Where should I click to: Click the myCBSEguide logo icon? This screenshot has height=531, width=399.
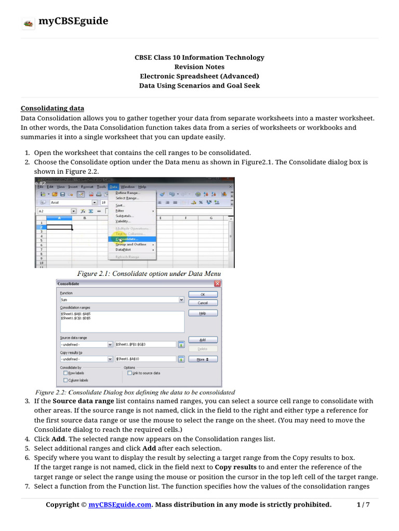(28, 23)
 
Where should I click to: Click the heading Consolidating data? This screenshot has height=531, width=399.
(52, 108)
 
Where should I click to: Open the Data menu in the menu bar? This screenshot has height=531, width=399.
(114, 187)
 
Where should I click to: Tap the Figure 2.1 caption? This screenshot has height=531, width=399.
(149, 273)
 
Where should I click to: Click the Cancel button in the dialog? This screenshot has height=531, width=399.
(203, 302)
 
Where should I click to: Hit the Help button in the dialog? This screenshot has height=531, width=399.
(203, 314)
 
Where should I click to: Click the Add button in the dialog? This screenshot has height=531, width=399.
(203, 340)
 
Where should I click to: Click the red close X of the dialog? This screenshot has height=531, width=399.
(217, 284)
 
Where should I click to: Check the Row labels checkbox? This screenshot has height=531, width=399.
(65, 373)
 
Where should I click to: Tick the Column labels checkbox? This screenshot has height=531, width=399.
(65, 380)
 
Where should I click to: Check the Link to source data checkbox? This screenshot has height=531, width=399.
(129, 373)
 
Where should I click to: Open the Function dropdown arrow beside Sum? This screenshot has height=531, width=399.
(181, 300)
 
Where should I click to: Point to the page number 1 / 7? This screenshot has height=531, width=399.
(363, 505)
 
